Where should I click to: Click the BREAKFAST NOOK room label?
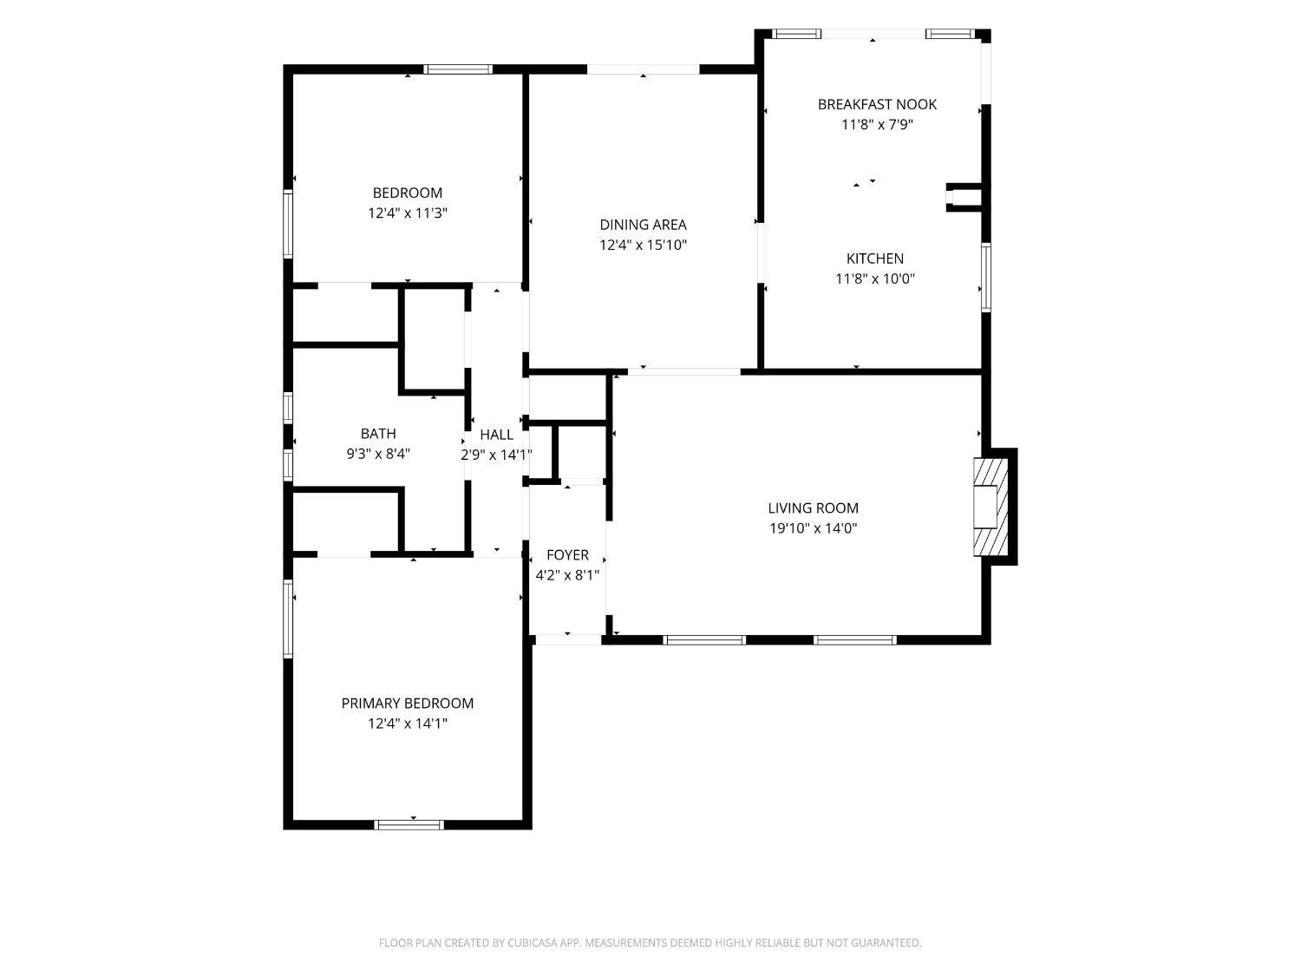pos(877,104)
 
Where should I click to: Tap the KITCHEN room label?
pos(875,259)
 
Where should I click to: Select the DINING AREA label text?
pos(643,225)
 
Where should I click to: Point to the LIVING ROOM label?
pos(814,508)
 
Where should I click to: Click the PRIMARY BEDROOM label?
pos(407,703)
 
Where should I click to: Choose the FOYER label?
pos(567,554)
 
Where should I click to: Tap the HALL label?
pos(496,435)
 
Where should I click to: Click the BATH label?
pos(378,433)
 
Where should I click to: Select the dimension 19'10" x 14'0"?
pos(814,528)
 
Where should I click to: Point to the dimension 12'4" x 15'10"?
pos(643,245)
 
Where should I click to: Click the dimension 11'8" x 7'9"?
pos(877,124)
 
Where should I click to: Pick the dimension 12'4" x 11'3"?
pos(407,213)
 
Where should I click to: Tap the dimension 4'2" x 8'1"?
pos(567,575)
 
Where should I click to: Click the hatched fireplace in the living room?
pos(990,507)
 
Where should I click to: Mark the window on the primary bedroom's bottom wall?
pos(409,824)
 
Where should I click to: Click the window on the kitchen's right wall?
pos(985,278)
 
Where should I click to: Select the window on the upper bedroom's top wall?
pos(458,69)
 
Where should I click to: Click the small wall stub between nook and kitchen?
pos(965,197)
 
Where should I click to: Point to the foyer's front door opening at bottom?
pos(568,639)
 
